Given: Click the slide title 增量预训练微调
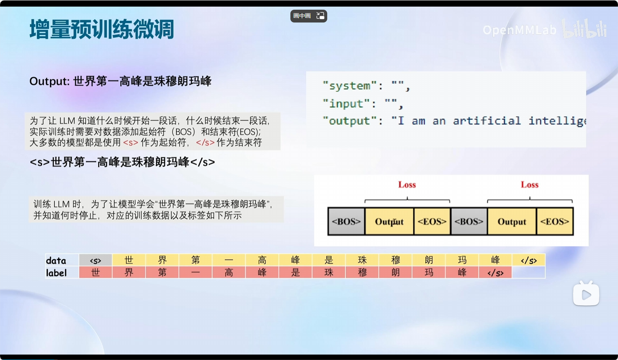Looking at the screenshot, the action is (x=102, y=29).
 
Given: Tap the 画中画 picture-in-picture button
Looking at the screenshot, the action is (x=309, y=16).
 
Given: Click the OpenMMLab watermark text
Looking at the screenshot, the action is (x=520, y=30).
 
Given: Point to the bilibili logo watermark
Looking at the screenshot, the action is (x=584, y=28).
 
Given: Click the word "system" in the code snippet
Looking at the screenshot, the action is (x=350, y=86).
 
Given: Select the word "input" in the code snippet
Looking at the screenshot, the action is (x=346, y=104).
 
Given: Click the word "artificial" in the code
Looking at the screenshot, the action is (x=487, y=121).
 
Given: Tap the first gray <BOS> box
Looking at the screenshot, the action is (x=346, y=222).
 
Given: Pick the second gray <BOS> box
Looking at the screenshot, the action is (x=469, y=222).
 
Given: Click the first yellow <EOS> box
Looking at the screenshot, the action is (x=432, y=222).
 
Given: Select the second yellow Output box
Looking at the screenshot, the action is (x=512, y=222).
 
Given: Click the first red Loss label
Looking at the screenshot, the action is (x=407, y=185).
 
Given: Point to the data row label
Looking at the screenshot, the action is (x=56, y=260).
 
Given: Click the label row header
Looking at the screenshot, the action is (x=56, y=273).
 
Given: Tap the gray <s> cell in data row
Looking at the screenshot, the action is (x=95, y=260).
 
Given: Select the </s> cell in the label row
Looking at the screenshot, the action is (x=495, y=273).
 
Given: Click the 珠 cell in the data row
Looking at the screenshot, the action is (x=362, y=260).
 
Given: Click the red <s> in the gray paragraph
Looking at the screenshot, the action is (x=131, y=143).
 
